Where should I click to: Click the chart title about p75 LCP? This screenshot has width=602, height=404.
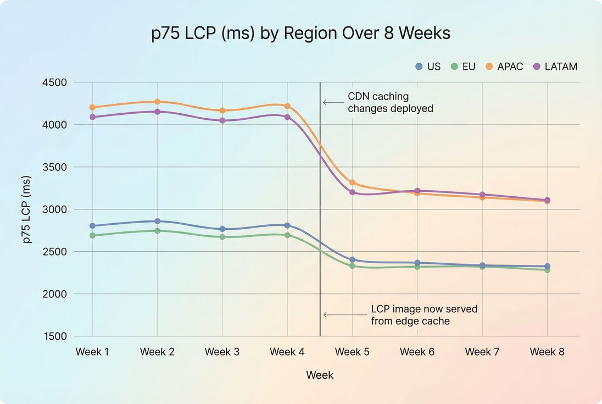point(300,34)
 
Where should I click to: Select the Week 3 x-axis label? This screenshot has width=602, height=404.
point(222,352)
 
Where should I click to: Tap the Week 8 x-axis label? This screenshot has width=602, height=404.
point(547,352)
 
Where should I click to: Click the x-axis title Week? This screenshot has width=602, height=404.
point(320,375)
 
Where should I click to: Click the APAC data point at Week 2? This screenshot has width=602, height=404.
point(157,102)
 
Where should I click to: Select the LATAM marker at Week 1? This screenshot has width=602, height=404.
point(92,117)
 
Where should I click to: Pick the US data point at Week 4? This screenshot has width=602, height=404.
point(287,225)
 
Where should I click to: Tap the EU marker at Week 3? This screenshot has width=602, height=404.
point(222,237)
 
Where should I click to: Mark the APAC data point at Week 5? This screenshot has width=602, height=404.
point(352,182)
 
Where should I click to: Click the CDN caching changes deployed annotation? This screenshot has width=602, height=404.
point(390,102)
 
